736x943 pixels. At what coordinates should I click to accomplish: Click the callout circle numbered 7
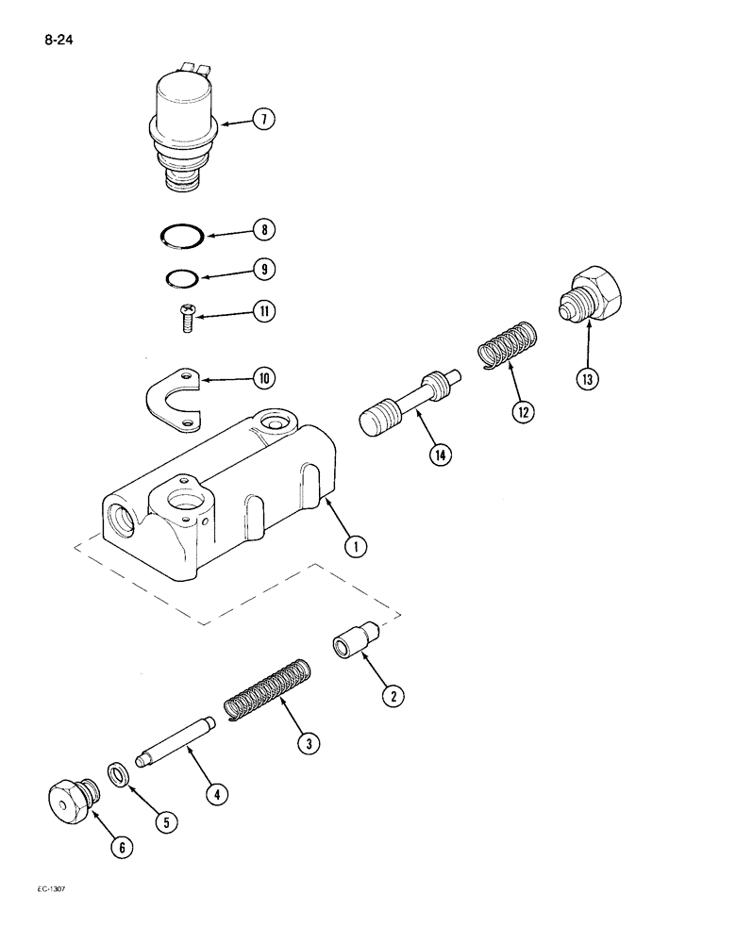264,119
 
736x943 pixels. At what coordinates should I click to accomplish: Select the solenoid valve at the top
184,127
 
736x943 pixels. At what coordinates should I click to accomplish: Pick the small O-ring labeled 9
179,277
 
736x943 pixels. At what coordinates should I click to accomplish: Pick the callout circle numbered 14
439,455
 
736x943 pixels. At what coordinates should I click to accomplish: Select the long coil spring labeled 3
266,693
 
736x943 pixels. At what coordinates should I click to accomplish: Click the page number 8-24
59,40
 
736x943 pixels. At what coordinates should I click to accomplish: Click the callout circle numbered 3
307,744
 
